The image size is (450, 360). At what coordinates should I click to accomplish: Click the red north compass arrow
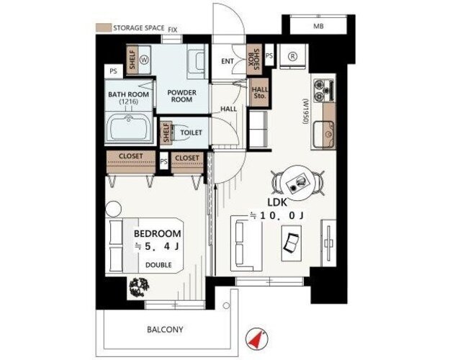(256, 339)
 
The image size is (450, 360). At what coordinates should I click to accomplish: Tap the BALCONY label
(165, 329)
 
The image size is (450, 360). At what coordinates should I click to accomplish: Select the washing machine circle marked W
(144, 60)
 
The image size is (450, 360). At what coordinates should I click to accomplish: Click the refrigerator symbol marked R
(293, 56)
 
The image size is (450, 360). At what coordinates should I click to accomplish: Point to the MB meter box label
(318, 27)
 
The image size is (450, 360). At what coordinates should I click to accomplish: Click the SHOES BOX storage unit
(253, 60)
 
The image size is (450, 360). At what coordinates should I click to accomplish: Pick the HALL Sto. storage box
(260, 92)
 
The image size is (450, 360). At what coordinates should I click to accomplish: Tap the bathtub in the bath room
(129, 127)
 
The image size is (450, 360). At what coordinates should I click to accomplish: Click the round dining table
(299, 182)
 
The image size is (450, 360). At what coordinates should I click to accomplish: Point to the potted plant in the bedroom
(140, 287)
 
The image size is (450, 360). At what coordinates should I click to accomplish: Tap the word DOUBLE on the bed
(158, 265)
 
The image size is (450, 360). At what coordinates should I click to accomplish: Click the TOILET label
(191, 132)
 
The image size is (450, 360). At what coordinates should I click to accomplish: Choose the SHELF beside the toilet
(166, 133)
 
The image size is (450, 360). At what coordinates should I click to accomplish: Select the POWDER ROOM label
(182, 96)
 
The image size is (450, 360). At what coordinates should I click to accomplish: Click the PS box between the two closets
(163, 161)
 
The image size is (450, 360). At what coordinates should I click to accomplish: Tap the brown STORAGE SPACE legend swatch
(103, 28)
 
